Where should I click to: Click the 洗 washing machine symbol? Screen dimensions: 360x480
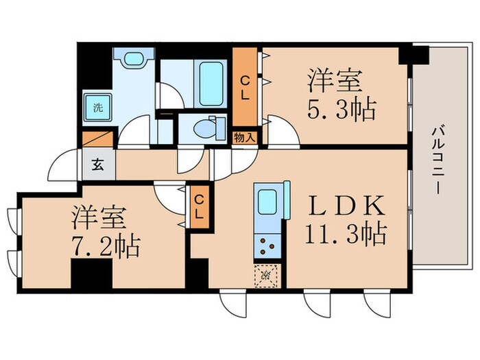[98, 106]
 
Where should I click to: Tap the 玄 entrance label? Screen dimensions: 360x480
[98, 165]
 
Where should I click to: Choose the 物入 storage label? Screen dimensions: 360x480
[246, 137]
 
